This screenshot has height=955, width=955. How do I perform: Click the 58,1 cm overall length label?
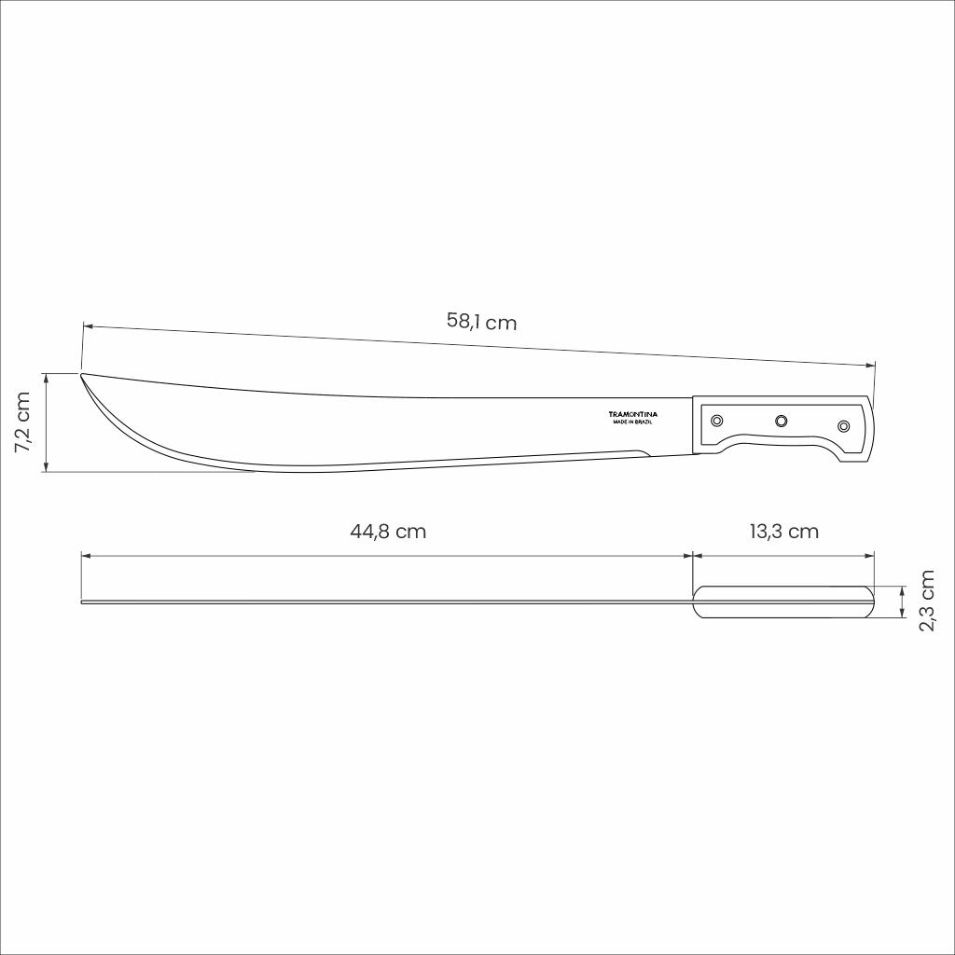pos(481,321)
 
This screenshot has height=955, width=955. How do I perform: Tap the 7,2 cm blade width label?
pos(22,422)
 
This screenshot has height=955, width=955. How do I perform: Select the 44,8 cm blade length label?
pos(388,531)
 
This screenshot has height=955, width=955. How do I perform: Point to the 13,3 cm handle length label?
pos(783,531)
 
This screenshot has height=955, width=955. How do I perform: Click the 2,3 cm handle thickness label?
pos(926,601)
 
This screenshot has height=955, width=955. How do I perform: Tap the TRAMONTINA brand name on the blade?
pos(633,414)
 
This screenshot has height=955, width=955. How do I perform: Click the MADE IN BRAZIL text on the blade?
pos(633,422)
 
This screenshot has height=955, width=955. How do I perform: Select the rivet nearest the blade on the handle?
pos(717,421)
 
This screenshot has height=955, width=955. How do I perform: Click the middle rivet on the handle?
pos(781,421)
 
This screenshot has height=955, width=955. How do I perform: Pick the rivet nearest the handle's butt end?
pos(843,425)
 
